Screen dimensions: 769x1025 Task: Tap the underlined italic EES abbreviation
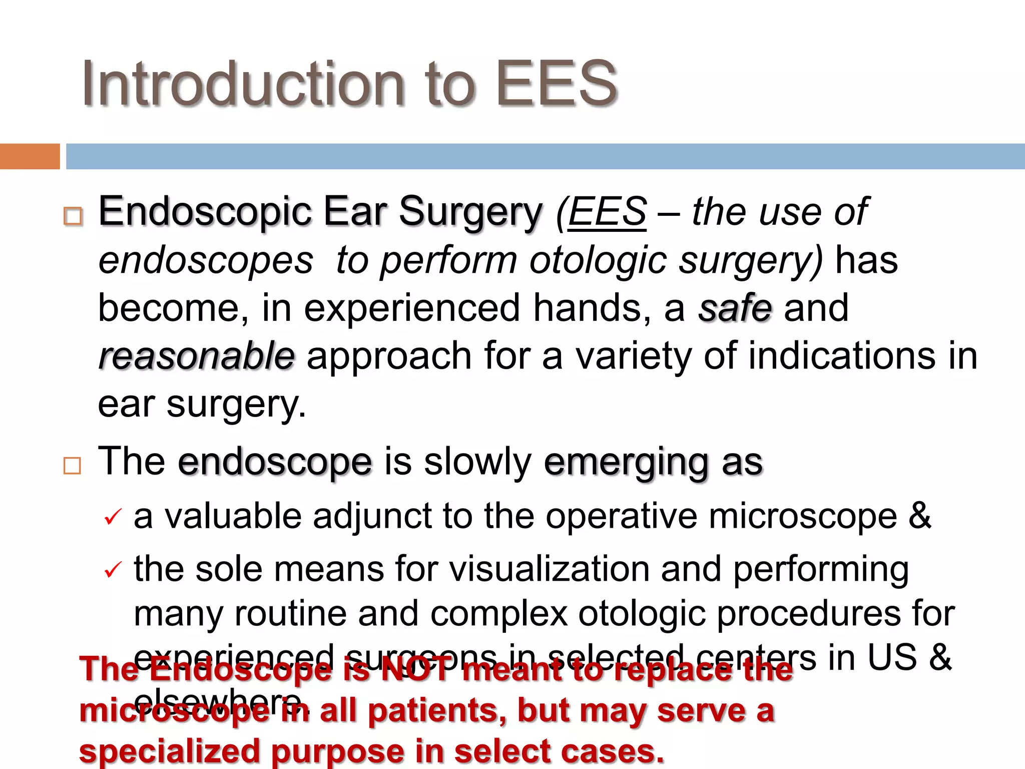[x=607, y=212]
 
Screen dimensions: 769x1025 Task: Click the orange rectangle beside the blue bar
[x=30, y=156]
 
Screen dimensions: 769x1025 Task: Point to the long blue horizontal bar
[x=545, y=156]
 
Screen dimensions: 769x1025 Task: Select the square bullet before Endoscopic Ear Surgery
[x=73, y=216]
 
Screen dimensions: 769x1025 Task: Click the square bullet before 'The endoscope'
[x=72, y=466]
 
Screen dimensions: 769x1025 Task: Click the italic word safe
[x=735, y=308]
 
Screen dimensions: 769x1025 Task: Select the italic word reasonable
[x=197, y=356]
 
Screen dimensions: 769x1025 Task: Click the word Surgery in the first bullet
[x=470, y=212]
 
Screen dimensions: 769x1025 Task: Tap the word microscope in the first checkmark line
[x=803, y=516]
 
